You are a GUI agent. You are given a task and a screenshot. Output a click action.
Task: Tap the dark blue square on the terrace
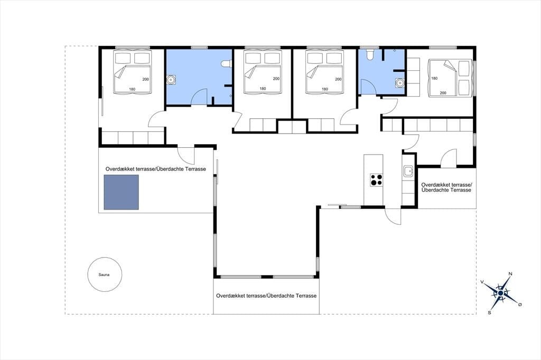122,192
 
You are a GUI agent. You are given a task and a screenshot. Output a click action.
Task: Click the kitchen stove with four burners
376,179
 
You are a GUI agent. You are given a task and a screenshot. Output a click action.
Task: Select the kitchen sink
408,170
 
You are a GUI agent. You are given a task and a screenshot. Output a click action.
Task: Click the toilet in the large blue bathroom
226,64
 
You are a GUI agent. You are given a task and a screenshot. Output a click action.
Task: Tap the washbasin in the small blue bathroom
399,83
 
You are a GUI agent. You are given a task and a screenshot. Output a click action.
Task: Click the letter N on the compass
510,274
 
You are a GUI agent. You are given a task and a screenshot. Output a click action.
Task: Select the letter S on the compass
489,313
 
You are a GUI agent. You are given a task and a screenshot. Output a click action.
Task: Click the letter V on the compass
482,282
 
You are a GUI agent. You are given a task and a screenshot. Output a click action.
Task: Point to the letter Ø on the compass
520,305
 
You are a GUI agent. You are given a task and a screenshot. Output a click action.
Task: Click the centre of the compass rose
500,293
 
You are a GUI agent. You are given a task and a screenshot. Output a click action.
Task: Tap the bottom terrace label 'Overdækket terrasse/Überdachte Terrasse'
266,296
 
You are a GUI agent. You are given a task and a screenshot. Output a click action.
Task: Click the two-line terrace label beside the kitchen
446,187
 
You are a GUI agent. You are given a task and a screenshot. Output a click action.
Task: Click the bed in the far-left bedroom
133,71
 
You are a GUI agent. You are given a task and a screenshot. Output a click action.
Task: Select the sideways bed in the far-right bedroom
450,78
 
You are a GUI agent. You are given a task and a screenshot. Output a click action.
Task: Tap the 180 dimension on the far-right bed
434,78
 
